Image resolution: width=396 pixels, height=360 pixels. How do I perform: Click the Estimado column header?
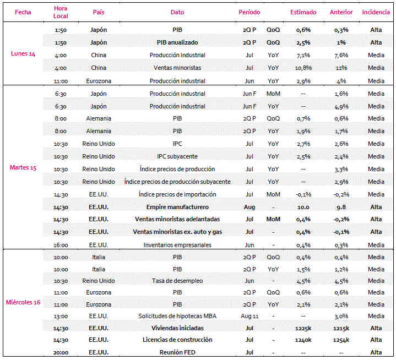[x=303, y=12]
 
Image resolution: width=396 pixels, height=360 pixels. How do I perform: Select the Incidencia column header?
[x=376, y=12]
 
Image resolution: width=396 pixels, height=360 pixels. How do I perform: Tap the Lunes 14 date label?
[x=23, y=53]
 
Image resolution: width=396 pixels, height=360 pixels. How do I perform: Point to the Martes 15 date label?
[x=23, y=167]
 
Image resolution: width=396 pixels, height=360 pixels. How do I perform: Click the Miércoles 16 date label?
[x=23, y=302]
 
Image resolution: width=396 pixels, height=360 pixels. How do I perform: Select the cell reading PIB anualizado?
[x=177, y=42]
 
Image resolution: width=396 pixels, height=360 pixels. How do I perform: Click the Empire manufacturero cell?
[x=177, y=207]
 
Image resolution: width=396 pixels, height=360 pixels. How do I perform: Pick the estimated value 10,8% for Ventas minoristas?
[x=303, y=68]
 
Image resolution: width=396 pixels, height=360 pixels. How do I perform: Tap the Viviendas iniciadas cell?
[x=177, y=328]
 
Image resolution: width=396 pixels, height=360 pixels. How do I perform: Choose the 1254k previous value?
[x=341, y=340]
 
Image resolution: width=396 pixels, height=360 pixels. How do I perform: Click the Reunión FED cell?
[x=177, y=352]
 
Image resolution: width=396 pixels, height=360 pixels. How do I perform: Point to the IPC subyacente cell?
[x=177, y=156]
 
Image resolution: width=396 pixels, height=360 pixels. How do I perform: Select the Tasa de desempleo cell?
[x=177, y=281]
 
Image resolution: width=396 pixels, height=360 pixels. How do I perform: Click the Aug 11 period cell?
[x=249, y=316]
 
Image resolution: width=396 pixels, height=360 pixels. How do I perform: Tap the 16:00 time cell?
[x=61, y=245]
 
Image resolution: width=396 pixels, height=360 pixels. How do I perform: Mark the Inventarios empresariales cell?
[x=177, y=245]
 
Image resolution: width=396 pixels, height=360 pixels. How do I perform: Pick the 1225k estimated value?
[x=303, y=328]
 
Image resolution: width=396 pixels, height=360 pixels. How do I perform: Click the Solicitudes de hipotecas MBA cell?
[x=177, y=316]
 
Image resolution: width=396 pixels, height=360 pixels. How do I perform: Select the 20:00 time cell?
[x=61, y=352]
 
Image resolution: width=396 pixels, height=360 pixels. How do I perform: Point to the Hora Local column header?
[x=61, y=12]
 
